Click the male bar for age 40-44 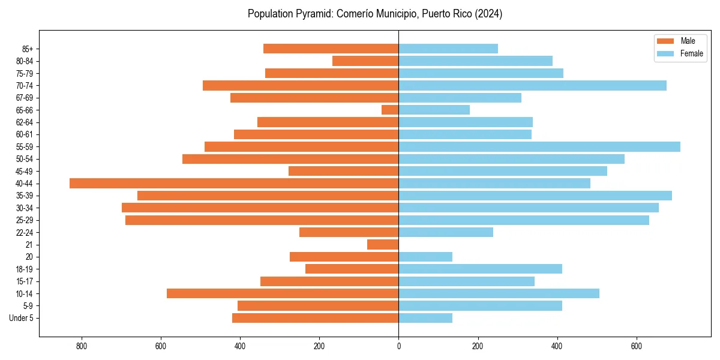tap(234, 184)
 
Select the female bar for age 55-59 tap(539, 147)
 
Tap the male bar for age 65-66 tap(390, 110)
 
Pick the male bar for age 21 tap(383, 245)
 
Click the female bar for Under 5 tap(425, 318)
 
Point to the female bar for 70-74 tap(532, 86)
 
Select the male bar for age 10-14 tap(283, 293)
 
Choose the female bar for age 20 tap(425, 257)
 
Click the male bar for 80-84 tap(365, 61)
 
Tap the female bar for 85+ tap(448, 49)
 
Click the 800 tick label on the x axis tap(82, 346)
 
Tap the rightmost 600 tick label tap(637, 346)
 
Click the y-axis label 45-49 tap(24, 172)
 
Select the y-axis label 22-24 tap(24, 233)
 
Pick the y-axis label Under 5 tap(22, 318)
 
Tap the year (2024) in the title tap(488, 14)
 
